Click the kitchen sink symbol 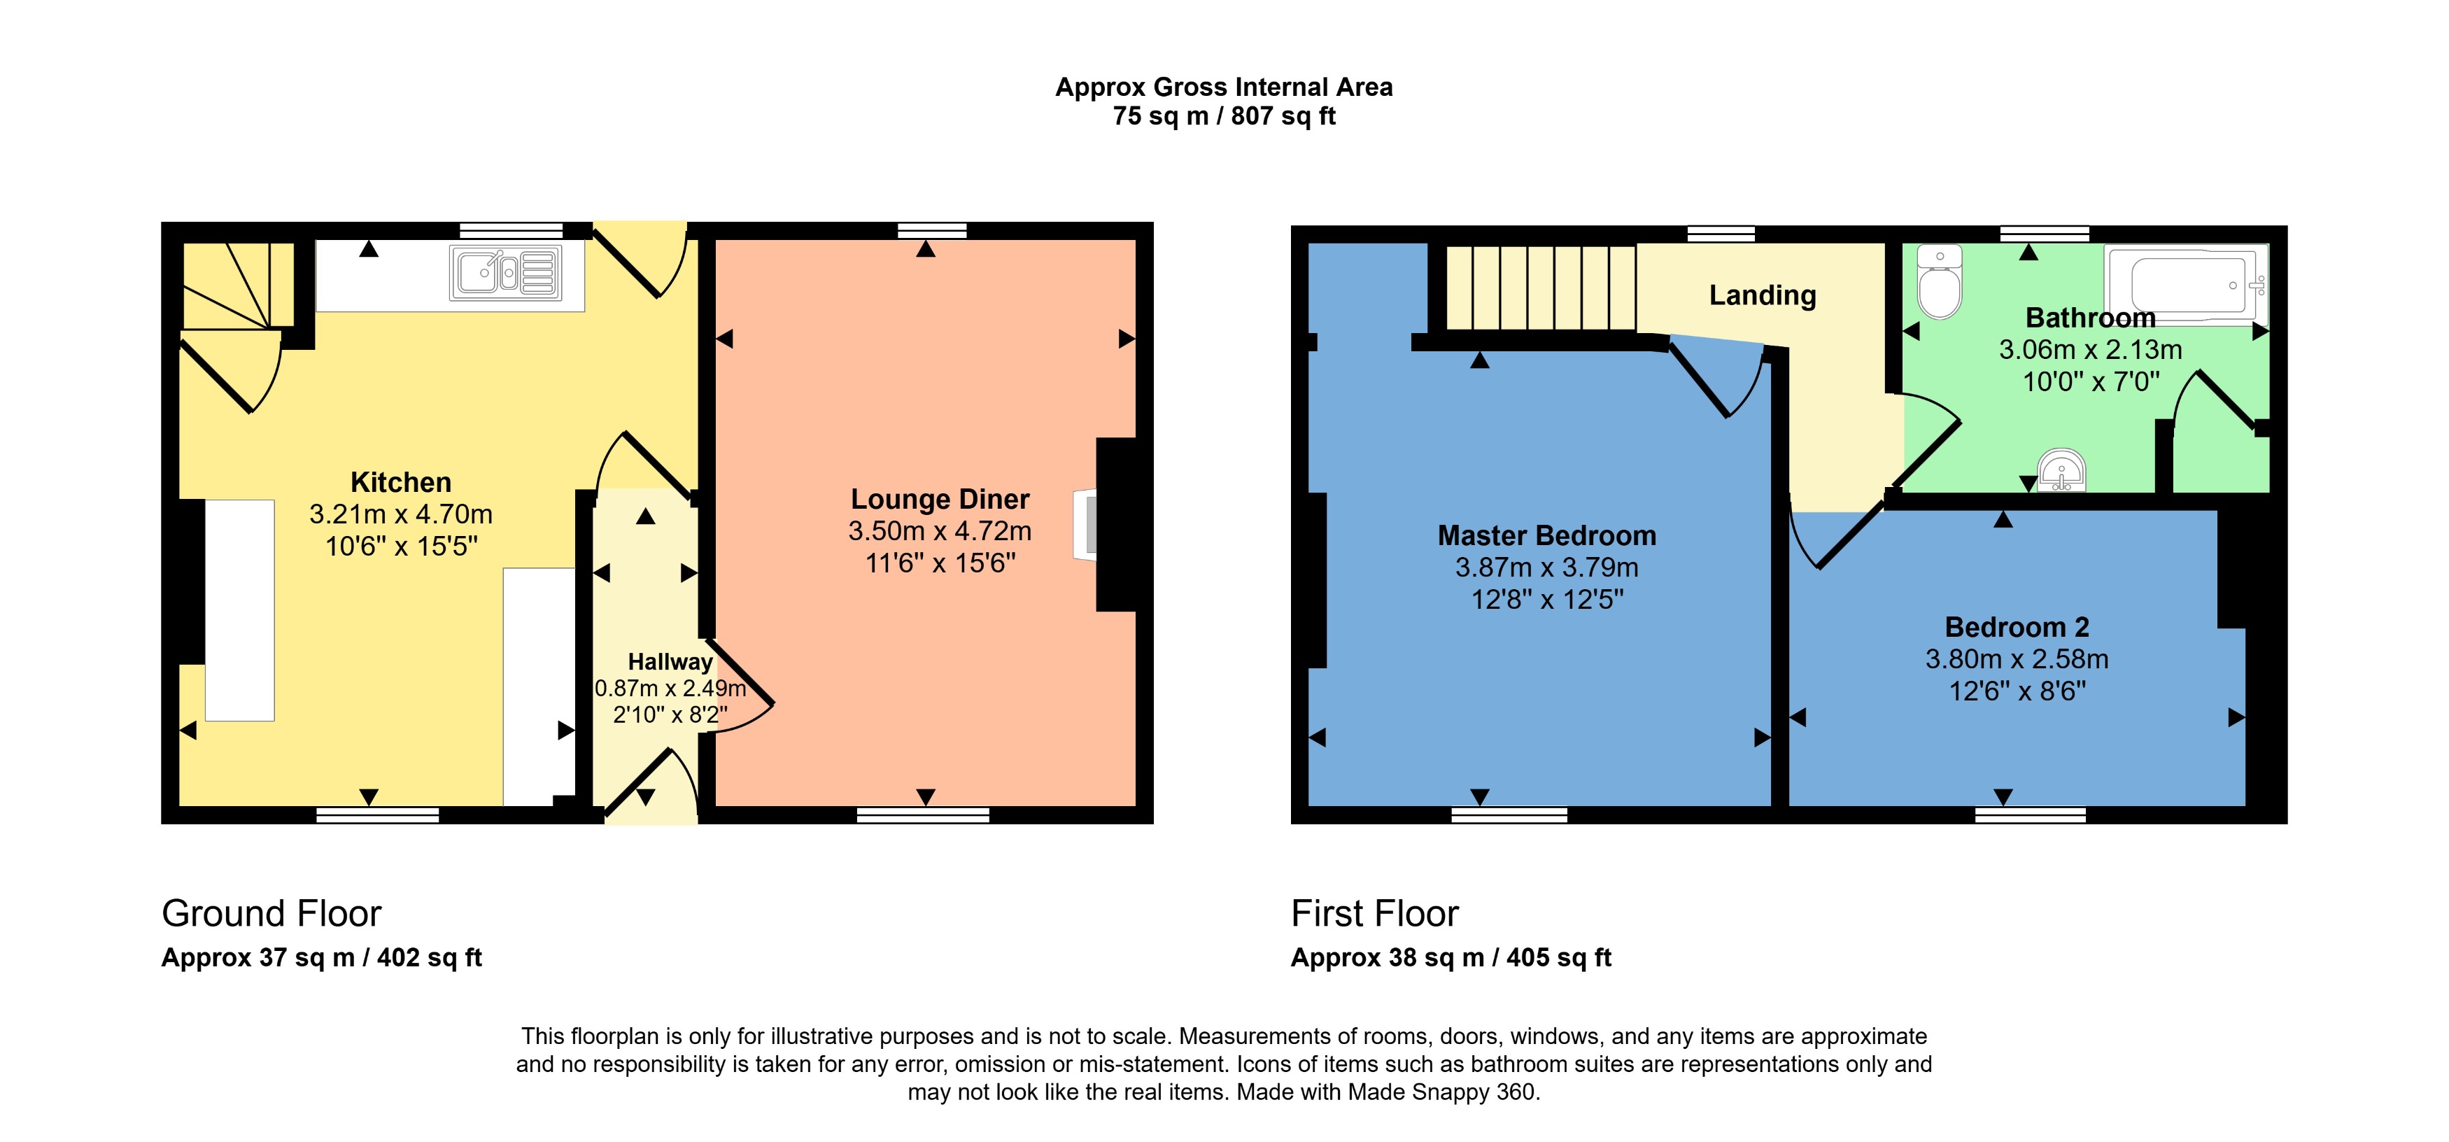507,274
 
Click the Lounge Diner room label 939,499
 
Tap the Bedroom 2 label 2017,626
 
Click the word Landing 1763,296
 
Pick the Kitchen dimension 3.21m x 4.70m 400,514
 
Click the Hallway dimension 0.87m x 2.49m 670,687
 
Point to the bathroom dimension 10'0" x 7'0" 2091,382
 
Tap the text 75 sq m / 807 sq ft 1224,116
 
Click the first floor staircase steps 1540,287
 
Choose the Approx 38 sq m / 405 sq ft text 1451,957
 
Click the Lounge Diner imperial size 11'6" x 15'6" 939,563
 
